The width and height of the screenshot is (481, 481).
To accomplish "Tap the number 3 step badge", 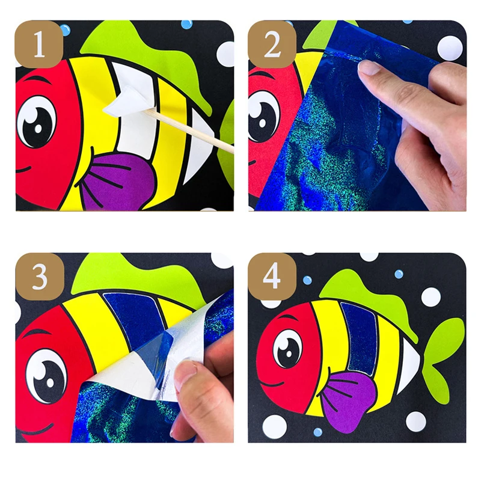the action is pyautogui.click(x=40, y=277).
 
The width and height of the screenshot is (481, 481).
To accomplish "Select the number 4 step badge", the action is pyautogui.click(x=272, y=277).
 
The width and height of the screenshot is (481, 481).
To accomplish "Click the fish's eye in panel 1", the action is pyautogui.click(x=37, y=122).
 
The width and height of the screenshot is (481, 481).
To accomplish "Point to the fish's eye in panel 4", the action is pyautogui.click(x=287, y=349).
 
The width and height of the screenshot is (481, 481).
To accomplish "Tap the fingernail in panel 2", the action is pyautogui.click(x=369, y=67).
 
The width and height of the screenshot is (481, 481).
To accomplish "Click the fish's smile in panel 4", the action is pyautogui.click(x=272, y=384).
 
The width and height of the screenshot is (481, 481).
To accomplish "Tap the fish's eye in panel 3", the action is pyautogui.click(x=46, y=375).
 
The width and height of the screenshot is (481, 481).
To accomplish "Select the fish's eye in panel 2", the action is pyautogui.click(x=263, y=117).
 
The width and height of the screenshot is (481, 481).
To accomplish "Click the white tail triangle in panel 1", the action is pyautogui.click(x=198, y=145).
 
